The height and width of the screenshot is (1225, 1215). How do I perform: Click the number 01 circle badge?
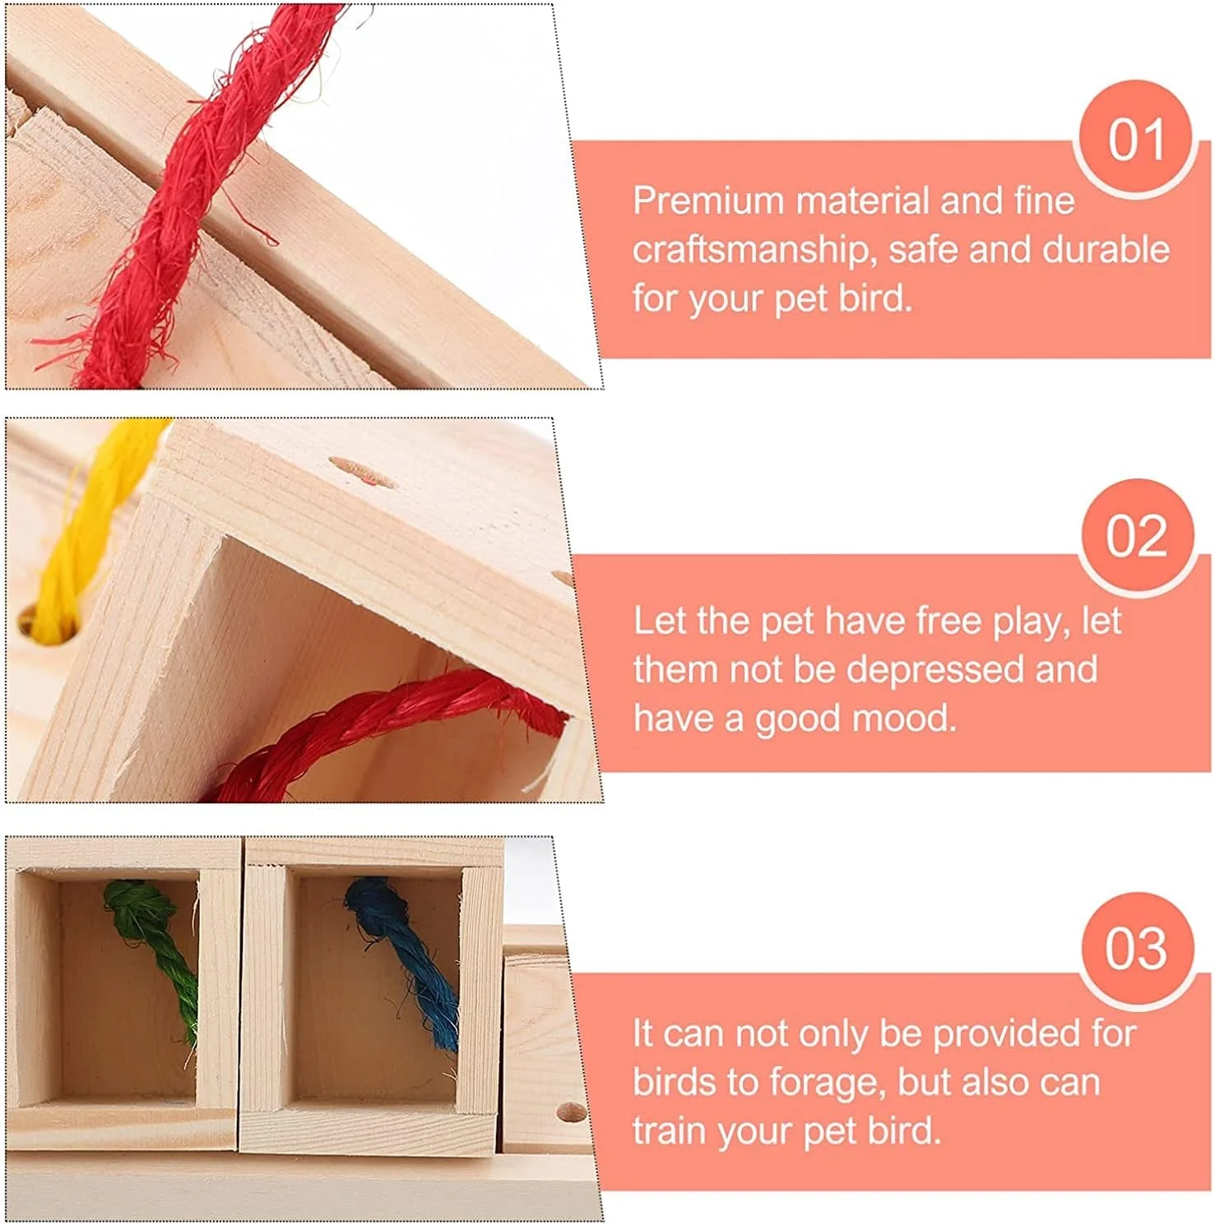(1135, 139)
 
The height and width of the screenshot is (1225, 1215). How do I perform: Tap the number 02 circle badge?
(1136, 537)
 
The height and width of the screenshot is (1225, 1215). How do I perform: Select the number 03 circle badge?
(1136, 950)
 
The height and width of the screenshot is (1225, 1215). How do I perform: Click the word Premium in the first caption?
(708, 201)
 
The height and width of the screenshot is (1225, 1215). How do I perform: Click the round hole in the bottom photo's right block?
(571, 1112)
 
